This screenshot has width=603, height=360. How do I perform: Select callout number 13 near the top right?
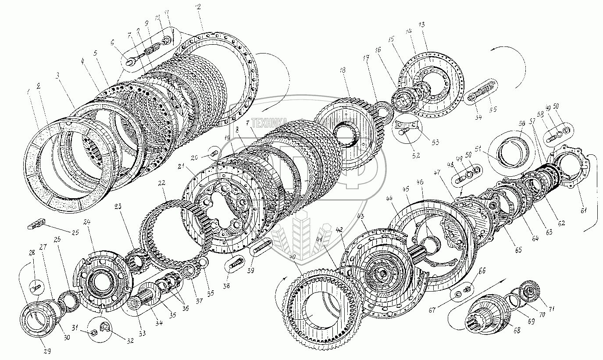tap(422, 25)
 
